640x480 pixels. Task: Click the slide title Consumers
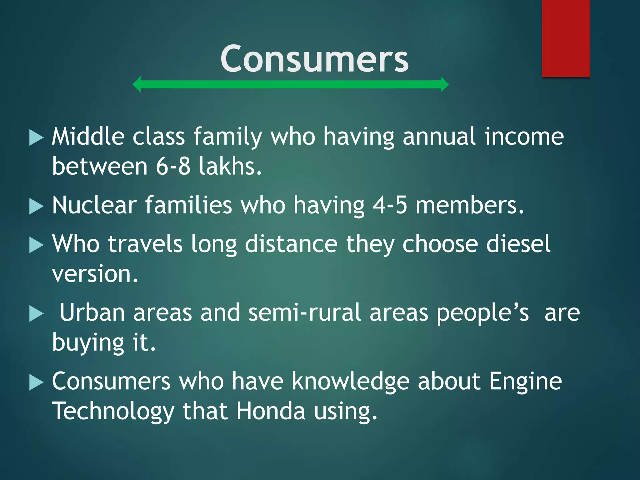pos(314,59)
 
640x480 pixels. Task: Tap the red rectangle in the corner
pos(566,38)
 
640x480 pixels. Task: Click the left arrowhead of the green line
pos(137,84)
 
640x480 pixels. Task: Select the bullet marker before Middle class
pos(36,138)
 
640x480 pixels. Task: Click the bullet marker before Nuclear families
pos(36,207)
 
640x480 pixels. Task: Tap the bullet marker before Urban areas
pos(36,314)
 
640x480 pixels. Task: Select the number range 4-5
pos(390,205)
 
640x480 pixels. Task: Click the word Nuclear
pos(94,205)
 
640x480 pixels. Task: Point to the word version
pos(95,274)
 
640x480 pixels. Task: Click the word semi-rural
pos(304,312)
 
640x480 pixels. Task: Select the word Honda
pos(270,411)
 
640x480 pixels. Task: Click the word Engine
pos(525,382)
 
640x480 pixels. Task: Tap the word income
pos(524,137)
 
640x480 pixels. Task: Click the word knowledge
pos(350,381)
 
